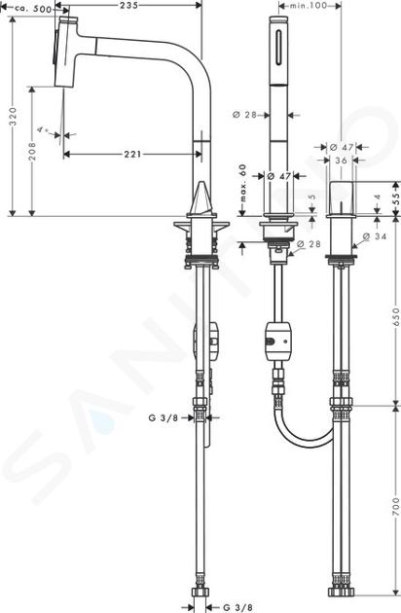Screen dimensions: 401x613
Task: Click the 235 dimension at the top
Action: click(128, 5)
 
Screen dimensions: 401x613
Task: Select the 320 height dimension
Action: click(13, 117)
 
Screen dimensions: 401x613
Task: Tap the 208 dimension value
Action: click(32, 151)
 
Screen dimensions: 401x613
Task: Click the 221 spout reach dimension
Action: click(132, 155)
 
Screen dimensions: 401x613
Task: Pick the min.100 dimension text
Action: click(309, 6)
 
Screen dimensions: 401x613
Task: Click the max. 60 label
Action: click(243, 183)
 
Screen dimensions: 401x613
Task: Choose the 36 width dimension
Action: click(341, 161)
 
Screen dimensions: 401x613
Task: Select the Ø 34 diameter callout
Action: click(375, 236)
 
